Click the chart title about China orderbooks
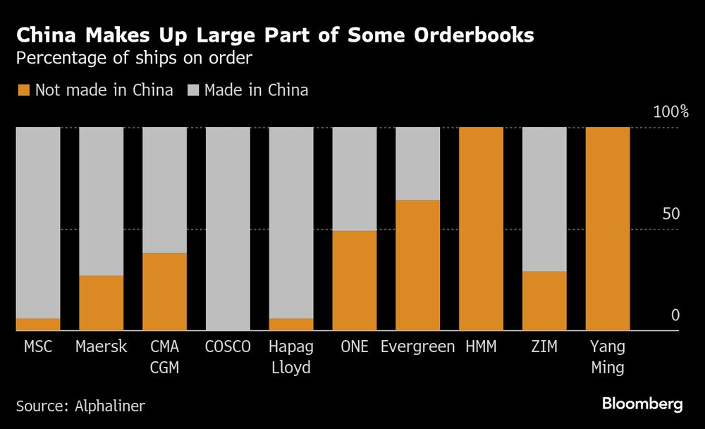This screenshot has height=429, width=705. pos(275,36)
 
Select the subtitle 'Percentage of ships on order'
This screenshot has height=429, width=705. pos(134,58)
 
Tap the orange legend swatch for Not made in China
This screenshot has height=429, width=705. pos(23,90)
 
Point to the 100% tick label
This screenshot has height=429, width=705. pos(670,112)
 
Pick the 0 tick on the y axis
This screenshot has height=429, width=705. pos(675,315)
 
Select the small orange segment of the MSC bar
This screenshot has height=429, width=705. pos(38,324)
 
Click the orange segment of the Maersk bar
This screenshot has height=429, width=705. pos(101,303)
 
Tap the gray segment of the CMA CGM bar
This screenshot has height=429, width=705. pos(164,190)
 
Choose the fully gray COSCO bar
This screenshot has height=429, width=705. pos(228,229)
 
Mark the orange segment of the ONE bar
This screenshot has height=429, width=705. pos(354,280)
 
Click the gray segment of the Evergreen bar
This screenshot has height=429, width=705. pos(417,163)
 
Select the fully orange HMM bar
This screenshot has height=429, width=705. pos(481,229)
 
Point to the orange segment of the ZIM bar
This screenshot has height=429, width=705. pos(544,301)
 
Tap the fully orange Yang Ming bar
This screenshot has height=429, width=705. pos(608,229)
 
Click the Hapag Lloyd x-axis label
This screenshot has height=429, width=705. pos(290,357)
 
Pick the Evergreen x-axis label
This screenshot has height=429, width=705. pos(417,347)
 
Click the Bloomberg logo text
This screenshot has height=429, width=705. pos(642,404)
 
